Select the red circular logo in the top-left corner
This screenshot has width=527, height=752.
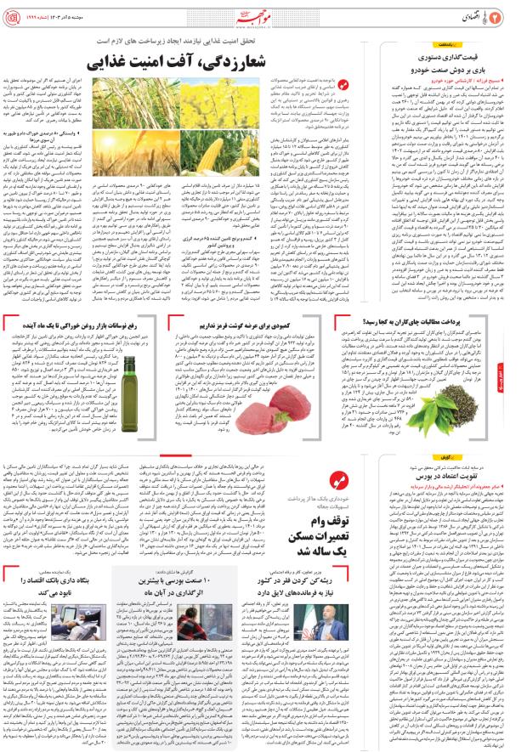15,17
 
